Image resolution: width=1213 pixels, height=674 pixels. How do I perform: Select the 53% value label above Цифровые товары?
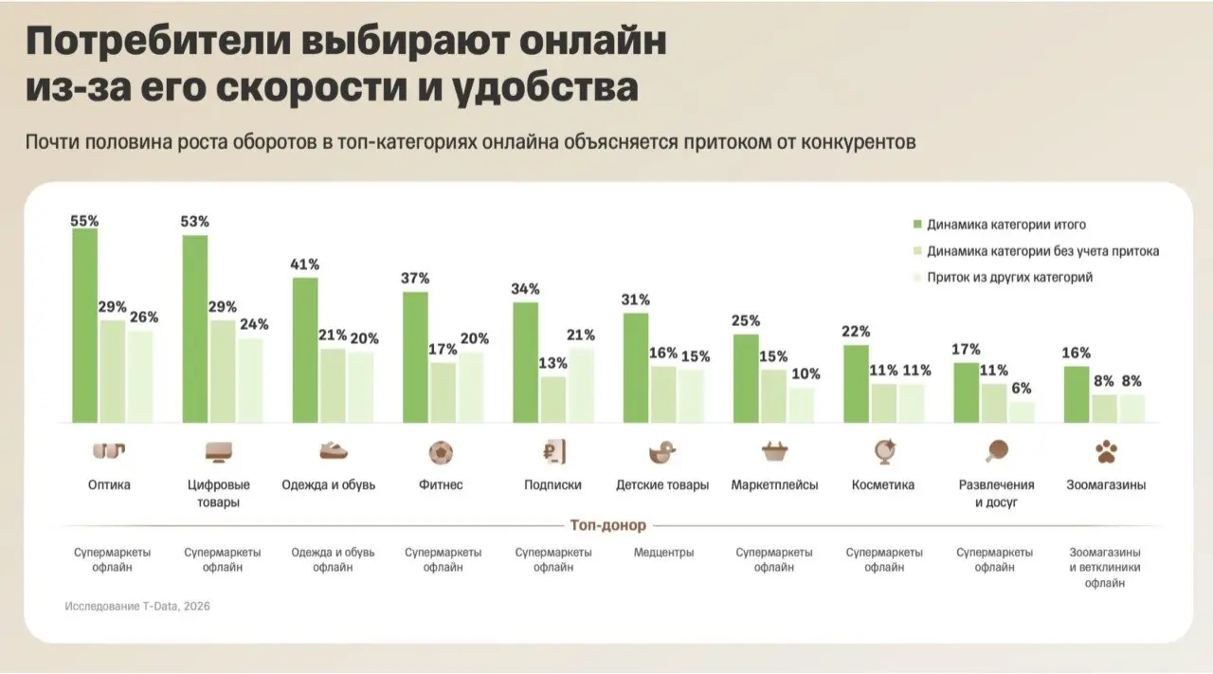(x=195, y=222)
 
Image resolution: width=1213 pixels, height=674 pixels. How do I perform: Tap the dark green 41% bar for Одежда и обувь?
(x=305, y=350)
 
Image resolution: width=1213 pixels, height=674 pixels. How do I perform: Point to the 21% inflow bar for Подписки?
(x=581, y=385)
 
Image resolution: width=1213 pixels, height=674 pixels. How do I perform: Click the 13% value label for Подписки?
(x=552, y=363)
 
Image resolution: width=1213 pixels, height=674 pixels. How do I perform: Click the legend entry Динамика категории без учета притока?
(x=1035, y=251)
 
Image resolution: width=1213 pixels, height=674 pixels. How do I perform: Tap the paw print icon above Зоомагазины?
(x=1106, y=452)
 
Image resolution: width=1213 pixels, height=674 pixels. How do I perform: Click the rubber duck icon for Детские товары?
(x=662, y=452)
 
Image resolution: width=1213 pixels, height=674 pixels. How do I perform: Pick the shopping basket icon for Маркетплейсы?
(x=774, y=452)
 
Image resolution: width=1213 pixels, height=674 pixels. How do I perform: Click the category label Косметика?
(x=883, y=484)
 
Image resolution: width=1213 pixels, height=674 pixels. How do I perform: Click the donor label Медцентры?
(x=662, y=552)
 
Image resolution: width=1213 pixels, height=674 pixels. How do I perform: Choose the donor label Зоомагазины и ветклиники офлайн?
(x=1106, y=567)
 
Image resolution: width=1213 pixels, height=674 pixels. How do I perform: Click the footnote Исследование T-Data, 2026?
(x=137, y=606)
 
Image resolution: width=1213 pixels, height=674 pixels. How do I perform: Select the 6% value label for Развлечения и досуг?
(x=1021, y=389)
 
